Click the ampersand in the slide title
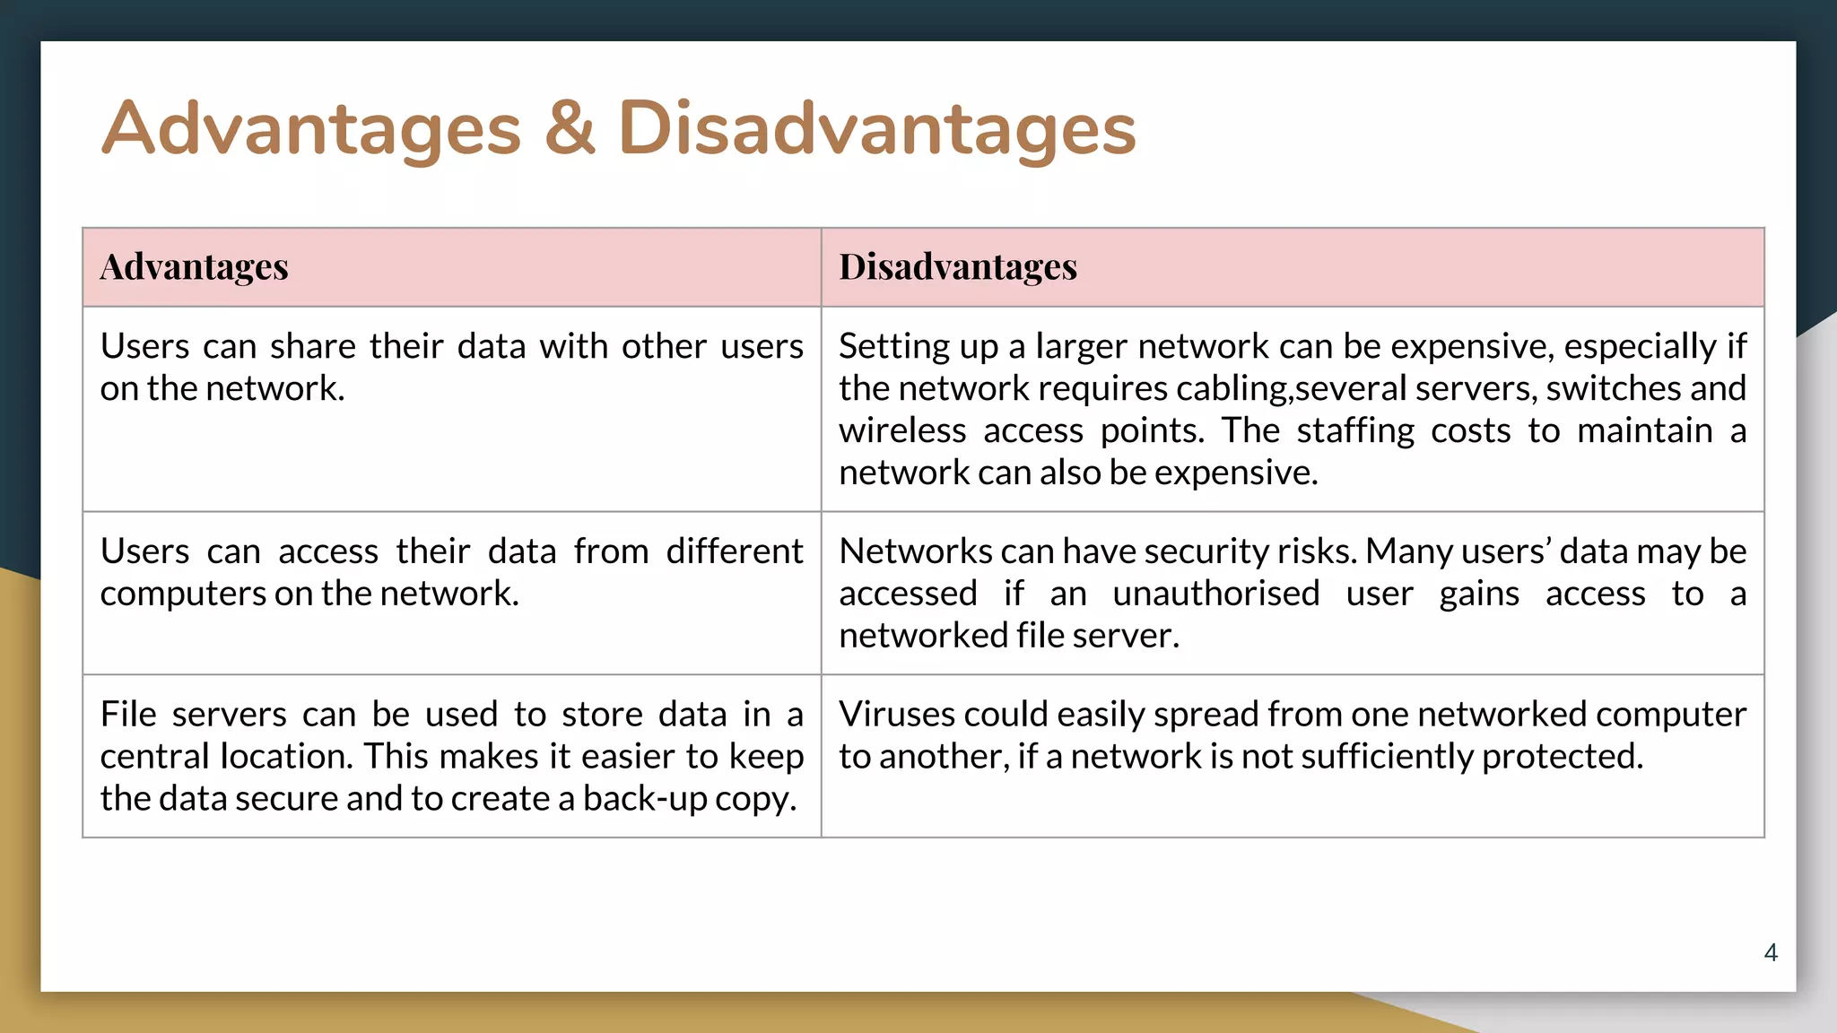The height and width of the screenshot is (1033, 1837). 569,128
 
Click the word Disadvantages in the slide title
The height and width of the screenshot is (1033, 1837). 876,128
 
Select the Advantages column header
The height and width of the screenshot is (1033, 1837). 195,266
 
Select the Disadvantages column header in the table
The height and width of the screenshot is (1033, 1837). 958,266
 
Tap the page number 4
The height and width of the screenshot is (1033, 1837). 1771,952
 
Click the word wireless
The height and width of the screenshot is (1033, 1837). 902,430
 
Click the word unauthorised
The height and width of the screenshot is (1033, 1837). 1215,594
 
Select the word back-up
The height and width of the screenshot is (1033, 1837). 645,798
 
